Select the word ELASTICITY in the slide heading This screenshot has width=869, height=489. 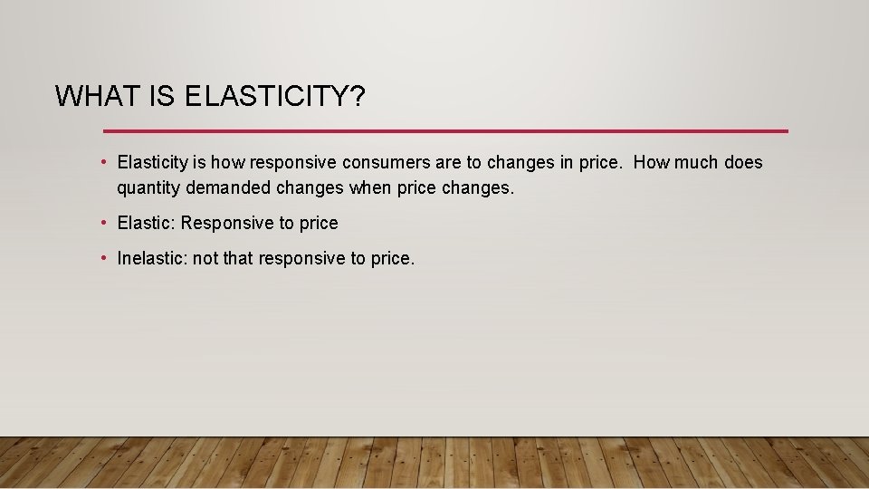pyautogui.click(x=263, y=96)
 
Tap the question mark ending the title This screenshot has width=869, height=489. pyautogui.click(x=356, y=96)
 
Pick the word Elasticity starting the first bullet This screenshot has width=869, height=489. pyautogui.click(x=153, y=163)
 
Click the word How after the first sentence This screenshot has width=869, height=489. pyautogui.click(x=652, y=163)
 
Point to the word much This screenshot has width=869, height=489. pyautogui.click(x=698, y=163)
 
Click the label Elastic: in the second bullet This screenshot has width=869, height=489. pyautogui.click(x=147, y=223)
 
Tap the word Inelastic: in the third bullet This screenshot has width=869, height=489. pyautogui.click(x=153, y=259)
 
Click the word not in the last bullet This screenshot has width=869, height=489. pyautogui.click(x=205, y=259)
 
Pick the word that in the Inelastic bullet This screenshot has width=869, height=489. pyautogui.click(x=238, y=259)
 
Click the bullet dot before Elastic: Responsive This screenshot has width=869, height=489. pyautogui.click(x=106, y=223)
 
